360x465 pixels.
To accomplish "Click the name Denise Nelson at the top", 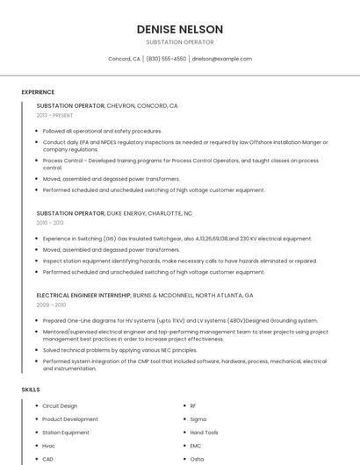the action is coord(180,29).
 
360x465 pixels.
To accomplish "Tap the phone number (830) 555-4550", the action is coord(167,59).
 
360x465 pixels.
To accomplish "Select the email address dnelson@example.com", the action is coord(222,59).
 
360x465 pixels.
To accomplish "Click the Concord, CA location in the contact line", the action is coord(124,59).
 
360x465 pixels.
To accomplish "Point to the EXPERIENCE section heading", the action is coord(38,92).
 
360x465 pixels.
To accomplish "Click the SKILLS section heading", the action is coord(30,389).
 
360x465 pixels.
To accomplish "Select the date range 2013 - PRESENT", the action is coord(54,116).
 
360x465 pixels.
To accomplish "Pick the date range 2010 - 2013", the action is coord(50,223).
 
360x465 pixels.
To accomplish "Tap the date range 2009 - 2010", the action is coord(51,305).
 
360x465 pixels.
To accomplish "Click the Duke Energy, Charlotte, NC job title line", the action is coord(114,213).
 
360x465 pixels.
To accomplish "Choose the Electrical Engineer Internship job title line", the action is coord(145,296).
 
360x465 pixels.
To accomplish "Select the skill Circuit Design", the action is coord(60,406).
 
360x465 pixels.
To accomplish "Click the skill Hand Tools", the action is coord(204,433).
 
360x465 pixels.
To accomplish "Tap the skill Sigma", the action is coord(198,419).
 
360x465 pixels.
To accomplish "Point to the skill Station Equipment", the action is coord(65,433).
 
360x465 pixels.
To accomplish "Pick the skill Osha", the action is coord(197,459).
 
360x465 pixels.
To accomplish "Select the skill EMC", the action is coord(196,446).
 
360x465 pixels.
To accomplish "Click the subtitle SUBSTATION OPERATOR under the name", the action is coord(180,42).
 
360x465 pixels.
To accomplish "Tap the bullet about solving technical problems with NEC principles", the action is coord(120,349).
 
